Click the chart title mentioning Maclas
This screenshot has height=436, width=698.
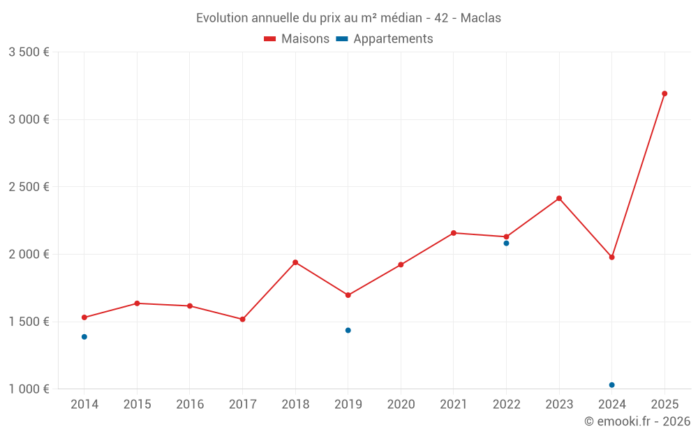(x=348, y=18)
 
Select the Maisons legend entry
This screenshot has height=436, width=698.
(x=297, y=39)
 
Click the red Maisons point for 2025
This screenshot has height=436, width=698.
(x=664, y=93)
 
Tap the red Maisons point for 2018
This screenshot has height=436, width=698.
(x=295, y=262)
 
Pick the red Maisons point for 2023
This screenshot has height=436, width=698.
(x=559, y=198)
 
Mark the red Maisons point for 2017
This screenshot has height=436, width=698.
(x=242, y=320)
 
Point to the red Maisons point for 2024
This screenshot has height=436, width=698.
(x=612, y=257)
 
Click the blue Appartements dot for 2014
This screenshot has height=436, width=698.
(x=84, y=337)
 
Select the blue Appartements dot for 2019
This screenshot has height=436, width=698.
(x=348, y=331)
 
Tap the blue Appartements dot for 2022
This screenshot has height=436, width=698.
(x=507, y=243)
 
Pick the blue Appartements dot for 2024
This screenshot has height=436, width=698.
(x=612, y=385)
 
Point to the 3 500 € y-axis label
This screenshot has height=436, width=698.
(x=29, y=52)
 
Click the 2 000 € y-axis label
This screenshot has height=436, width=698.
(x=29, y=255)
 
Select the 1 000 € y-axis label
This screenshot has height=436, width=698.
(x=29, y=389)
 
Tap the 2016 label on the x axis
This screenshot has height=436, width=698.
(x=190, y=405)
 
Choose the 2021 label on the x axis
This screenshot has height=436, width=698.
(x=454, y=405)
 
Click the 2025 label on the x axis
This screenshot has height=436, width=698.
(x=664, y=405)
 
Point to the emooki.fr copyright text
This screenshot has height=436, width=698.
(x=637, y=421)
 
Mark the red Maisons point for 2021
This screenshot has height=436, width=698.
(x=454, y=233)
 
